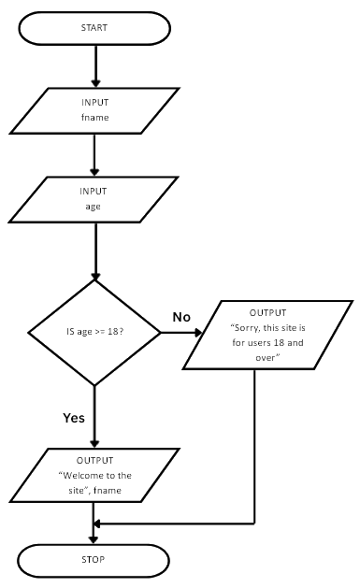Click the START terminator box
click(x=94, y=28)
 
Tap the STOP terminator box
click(x=94, y=560)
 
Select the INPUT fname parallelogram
click(x=94, y=111)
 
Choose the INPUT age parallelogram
click(x=94, y=199)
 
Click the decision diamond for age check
click(x=94, y=332)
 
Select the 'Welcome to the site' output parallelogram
click(x=94, y=474)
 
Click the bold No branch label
click(x=181, y=317)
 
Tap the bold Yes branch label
click(x=74, y=417)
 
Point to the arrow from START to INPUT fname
click(x=94, y=65)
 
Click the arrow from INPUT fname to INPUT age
click(x=94, y=154)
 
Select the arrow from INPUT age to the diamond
click(x=94, y=251)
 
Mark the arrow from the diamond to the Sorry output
click(x=187, y=332)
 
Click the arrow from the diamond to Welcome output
click(x=94, y=416)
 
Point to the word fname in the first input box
click(x=94, y=118)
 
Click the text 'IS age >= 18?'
click(x=94, y=333)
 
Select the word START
click(x=94, y=28)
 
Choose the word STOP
click(x=94, y=560)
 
